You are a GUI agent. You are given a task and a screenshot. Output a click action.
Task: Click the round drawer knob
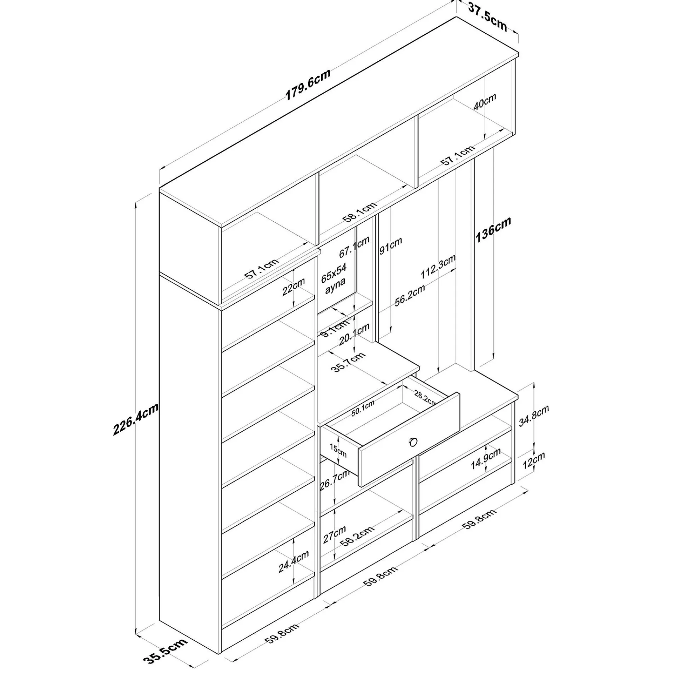413,442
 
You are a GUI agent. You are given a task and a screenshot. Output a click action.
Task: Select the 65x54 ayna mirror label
334,279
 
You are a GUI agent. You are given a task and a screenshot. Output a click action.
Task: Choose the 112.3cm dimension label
438,267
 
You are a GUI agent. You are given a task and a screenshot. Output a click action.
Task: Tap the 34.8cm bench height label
534,416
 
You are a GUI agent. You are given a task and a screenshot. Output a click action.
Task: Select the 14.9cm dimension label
486,458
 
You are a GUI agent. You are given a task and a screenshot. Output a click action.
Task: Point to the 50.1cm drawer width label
363,408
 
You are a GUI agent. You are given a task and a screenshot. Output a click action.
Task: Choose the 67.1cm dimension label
354,247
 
